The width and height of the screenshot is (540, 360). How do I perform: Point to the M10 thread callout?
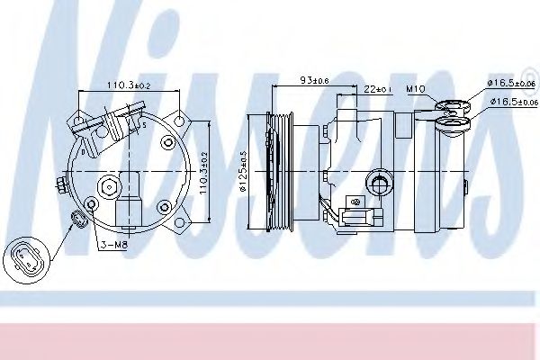click(x=415, y=90)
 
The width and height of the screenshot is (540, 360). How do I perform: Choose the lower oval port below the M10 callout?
click(x=454, y=124)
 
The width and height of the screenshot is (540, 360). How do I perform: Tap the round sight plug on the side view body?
click(x=382, y=184)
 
